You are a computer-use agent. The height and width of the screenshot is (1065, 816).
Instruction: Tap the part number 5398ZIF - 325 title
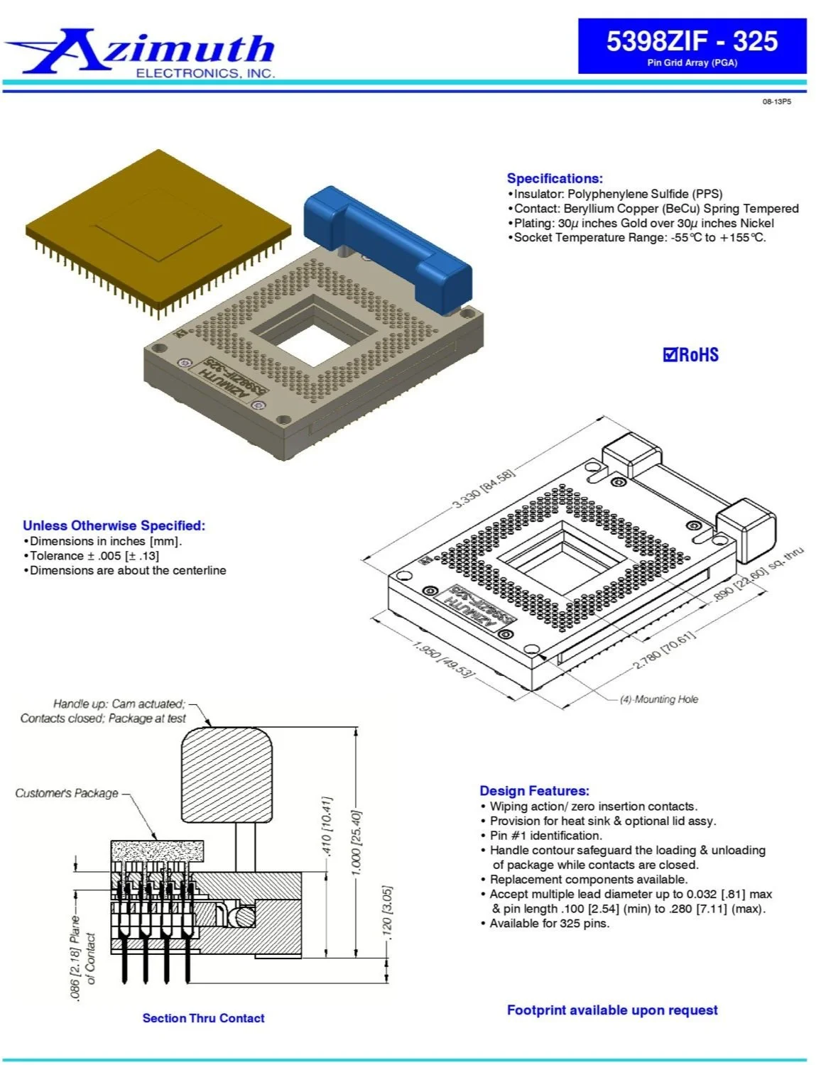click(692, 40)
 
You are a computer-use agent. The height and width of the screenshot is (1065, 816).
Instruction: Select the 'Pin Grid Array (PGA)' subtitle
click(692, 62)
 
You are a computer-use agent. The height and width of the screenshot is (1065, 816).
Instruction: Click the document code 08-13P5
click(776, 102)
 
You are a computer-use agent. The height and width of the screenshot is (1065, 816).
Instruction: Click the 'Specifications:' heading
click(555, 178)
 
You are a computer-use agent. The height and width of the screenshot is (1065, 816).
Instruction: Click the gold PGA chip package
click(158, 230)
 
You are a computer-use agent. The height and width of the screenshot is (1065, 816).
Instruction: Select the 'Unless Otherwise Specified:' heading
click(114, 525)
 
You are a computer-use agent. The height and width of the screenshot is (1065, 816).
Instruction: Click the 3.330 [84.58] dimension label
click(483, 489)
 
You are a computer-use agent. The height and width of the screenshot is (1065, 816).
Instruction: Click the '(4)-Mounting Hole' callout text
click(659, 699)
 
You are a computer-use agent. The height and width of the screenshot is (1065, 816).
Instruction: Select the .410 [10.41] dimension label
click(327, 826)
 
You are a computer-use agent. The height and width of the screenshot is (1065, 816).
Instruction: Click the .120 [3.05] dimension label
click(387, 912)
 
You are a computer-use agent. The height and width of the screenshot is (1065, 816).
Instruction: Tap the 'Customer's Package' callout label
click(67, 794)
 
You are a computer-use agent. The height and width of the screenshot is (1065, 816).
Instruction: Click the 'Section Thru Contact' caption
click(203, 1018)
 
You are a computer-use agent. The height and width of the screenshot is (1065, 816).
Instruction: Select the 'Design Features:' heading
click(534, 791)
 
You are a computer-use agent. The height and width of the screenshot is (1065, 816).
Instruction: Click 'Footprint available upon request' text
click(612, 1010)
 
